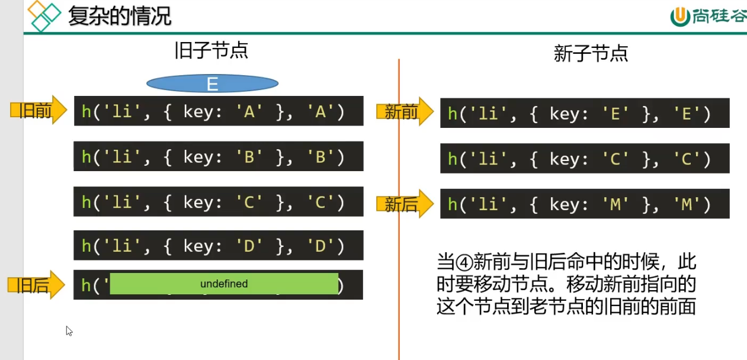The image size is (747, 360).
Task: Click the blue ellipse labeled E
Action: (212, 84)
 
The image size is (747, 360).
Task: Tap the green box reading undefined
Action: (224, 284)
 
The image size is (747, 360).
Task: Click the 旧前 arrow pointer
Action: (39, 110)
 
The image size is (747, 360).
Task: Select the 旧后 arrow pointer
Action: (36, 285)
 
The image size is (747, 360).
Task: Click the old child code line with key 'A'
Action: (218, 111)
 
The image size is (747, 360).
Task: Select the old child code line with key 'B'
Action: (218, 156)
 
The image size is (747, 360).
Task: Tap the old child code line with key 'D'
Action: (218, 246)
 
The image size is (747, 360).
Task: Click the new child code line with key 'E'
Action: (584, 114)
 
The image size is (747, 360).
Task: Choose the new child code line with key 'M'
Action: (584, 204)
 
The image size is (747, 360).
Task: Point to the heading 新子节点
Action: (590, 54)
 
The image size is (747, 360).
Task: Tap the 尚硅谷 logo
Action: (708, 17)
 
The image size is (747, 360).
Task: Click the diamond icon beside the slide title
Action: (45, 16)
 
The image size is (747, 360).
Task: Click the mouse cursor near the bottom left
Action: (69, 330)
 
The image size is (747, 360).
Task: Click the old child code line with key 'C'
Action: (218, 201)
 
